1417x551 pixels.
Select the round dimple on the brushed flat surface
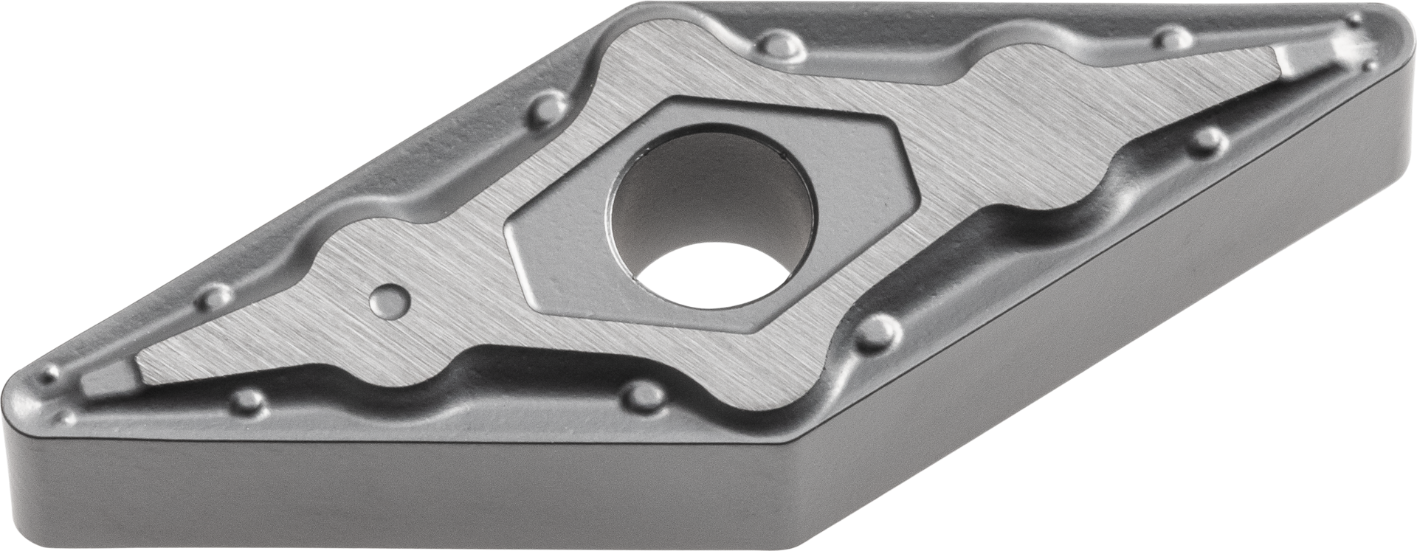[x=390, y=298]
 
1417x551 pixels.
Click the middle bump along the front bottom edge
[x=641, y=394]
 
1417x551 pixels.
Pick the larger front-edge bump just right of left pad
[x=251, y=401]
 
